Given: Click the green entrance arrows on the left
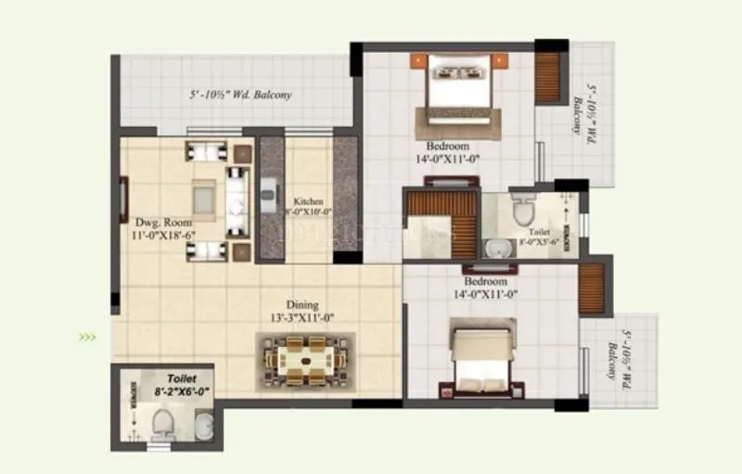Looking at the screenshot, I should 87,337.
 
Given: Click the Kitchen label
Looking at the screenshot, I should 308,201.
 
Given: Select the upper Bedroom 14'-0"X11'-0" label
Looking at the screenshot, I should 449,152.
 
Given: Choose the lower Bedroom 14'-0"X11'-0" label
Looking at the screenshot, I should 486,288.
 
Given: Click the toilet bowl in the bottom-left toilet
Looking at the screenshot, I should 162,423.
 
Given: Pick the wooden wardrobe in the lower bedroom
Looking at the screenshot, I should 591,288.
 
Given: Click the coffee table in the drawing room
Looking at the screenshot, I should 204,197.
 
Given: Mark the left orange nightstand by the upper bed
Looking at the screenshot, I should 419,61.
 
